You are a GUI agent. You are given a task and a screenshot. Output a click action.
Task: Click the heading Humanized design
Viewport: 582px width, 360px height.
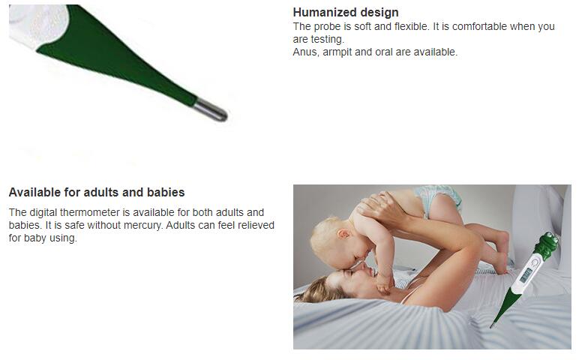[x=346, y=12]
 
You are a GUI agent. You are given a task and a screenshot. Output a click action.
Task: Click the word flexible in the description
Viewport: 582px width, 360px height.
[x=410, y=26]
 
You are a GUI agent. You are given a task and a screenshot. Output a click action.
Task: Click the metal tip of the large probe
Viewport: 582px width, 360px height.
[x=211, y=110]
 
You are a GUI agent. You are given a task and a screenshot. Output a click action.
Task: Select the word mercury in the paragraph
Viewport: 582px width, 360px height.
[x=143, y=225]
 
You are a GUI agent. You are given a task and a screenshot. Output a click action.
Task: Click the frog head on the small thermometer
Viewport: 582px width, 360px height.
[x=547, y=245]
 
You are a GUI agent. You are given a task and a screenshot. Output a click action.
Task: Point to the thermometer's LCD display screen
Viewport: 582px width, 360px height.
[x=526, y=275]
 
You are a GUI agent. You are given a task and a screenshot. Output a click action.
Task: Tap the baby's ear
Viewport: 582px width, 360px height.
[x=343, y=234]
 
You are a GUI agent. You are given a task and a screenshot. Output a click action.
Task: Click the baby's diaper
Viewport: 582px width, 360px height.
[x=439, y=199]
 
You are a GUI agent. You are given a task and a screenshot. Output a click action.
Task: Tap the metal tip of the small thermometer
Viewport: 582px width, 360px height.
[x=492, y=325]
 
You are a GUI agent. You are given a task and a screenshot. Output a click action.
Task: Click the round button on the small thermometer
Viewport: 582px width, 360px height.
[x=535, y=262]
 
